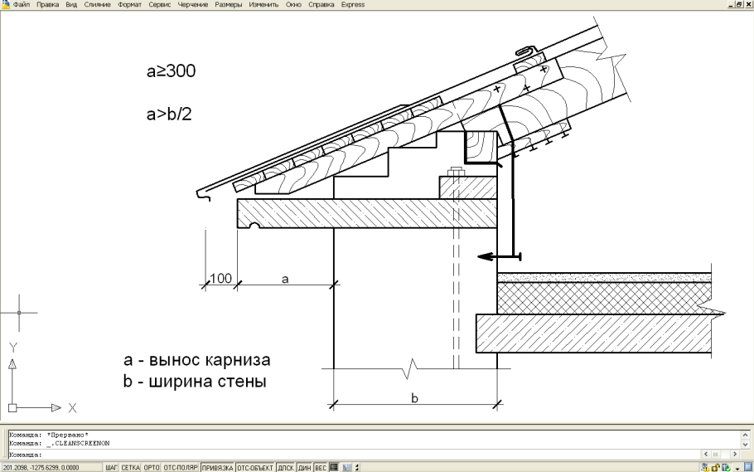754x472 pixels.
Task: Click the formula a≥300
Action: pyautogui.click(x=171, y=74)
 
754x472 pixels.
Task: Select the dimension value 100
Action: pyautogui.click(x=220, y=279)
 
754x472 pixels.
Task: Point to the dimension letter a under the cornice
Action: pyautogui.click(x=285, y=280)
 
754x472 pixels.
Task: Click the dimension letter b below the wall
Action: pyautogui.click(x=415, y=398)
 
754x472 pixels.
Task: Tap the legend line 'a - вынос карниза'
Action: pyautogui.click(x=197, y=362)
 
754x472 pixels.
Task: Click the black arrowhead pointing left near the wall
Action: pyautogui.click(x=486, y=258)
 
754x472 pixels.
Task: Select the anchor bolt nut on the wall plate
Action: pyautogui.click(x=455, y=173)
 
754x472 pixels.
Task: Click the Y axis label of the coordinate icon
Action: pyautogui.click(x=12, y=347)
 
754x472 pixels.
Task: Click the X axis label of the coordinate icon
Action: pyautogui.click(x=72, y=408)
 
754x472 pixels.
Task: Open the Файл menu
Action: pyautogui.click(x=22, y=4)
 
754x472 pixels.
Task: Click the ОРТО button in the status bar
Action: pyautogui.click(x=152, y=468)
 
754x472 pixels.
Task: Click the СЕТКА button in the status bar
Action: pyautogui.click(x=131, y=468)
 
